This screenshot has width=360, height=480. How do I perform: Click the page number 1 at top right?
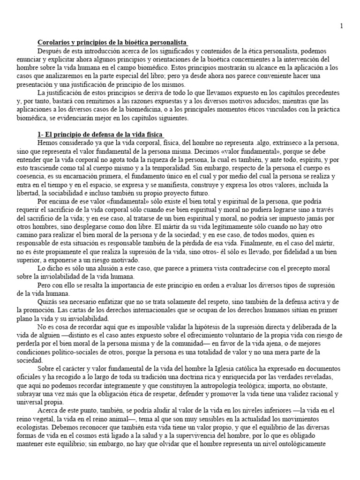341,26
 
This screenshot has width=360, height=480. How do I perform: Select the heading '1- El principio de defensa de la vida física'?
101,135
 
